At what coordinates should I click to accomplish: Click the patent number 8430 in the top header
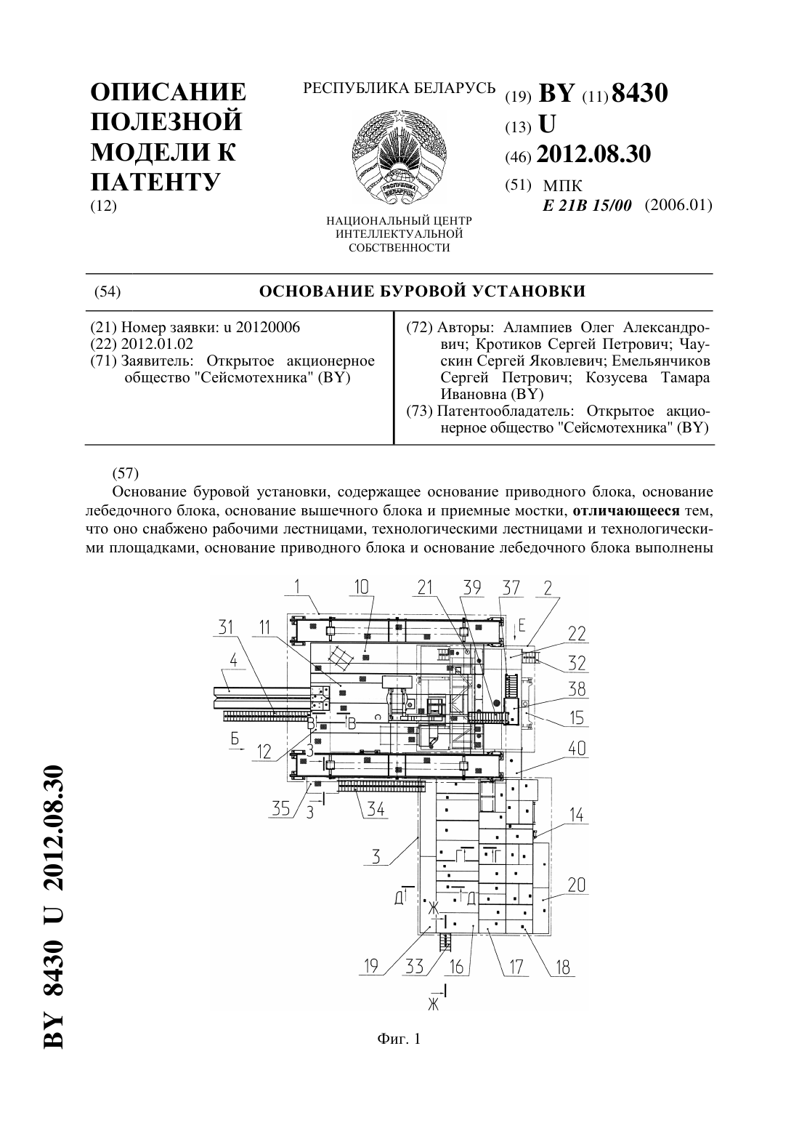[639, 93]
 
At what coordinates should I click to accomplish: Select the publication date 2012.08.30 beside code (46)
[593, 154]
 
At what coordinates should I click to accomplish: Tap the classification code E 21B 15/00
[587, 206]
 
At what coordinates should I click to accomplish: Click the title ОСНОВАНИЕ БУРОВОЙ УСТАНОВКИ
[422, 291]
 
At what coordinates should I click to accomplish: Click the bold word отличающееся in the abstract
[626, 510]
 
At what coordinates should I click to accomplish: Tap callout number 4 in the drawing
[233, 660]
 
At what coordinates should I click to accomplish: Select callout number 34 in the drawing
[376, 809]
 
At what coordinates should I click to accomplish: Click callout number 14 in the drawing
[577, 814]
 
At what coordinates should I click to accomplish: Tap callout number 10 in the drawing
[362, 587]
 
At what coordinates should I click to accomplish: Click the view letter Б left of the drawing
[235, 738]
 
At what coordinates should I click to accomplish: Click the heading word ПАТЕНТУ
[155, 181]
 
